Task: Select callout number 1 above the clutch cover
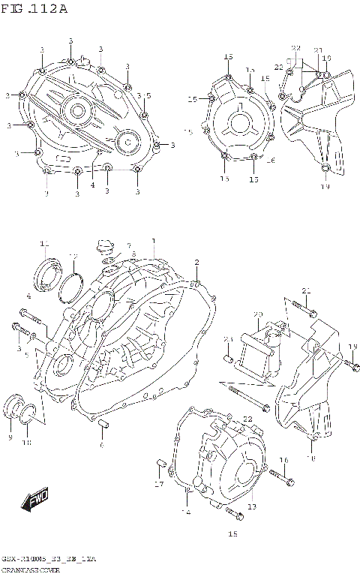154,241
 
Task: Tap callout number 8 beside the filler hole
133,255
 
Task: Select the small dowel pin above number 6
101,427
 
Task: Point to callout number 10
26,443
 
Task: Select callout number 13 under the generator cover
251,507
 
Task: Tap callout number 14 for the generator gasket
186,512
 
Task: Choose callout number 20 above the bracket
257,314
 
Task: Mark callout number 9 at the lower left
10,437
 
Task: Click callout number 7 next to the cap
128,245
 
